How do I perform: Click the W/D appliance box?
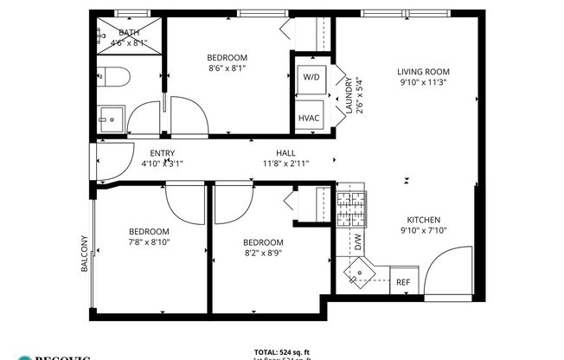pyautogui.click(x=311, y=77)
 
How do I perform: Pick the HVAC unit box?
pyautogui.click(x=309, y=118)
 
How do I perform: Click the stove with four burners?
pyautogui.click(x=350, y=209)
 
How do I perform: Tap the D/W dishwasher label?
pyautogui.click(x=357, y=243)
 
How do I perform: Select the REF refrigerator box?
pyautogui.click(x=402, y=282)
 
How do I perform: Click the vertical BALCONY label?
pyautogui.click(x=85, y=254)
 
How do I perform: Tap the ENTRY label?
pyautogui.click(x=162, y=153)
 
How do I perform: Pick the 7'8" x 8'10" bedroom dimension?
pyautogui.click(x=149, y=243)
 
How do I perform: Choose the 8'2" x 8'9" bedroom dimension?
pyautogui.click(x=263, y=253)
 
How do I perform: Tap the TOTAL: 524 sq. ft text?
pyautogui.click(x=282, y=352)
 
